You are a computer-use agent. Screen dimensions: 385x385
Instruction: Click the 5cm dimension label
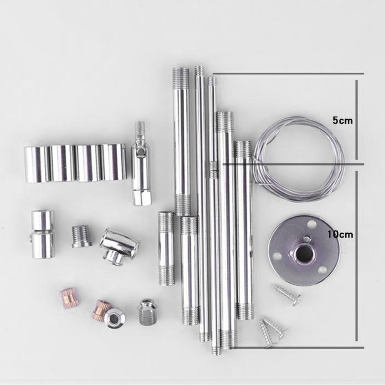tap(343, 120)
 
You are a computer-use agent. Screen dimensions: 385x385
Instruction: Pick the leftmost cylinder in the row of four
tap(37, 164)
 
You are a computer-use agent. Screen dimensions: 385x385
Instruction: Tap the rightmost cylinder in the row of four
tap(114, 162)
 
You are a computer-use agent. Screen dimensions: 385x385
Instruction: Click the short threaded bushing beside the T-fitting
tap(81, 236)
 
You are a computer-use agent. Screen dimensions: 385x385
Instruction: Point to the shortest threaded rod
tap(166, 248)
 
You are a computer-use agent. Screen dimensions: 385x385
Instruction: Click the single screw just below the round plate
tap(287, 295)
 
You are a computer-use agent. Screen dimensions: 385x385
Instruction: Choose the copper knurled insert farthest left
tap(69, 299)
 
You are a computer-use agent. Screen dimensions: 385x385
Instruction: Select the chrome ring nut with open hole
tap(114, 318)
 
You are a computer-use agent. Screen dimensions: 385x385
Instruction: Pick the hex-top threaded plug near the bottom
tap(147, 312)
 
